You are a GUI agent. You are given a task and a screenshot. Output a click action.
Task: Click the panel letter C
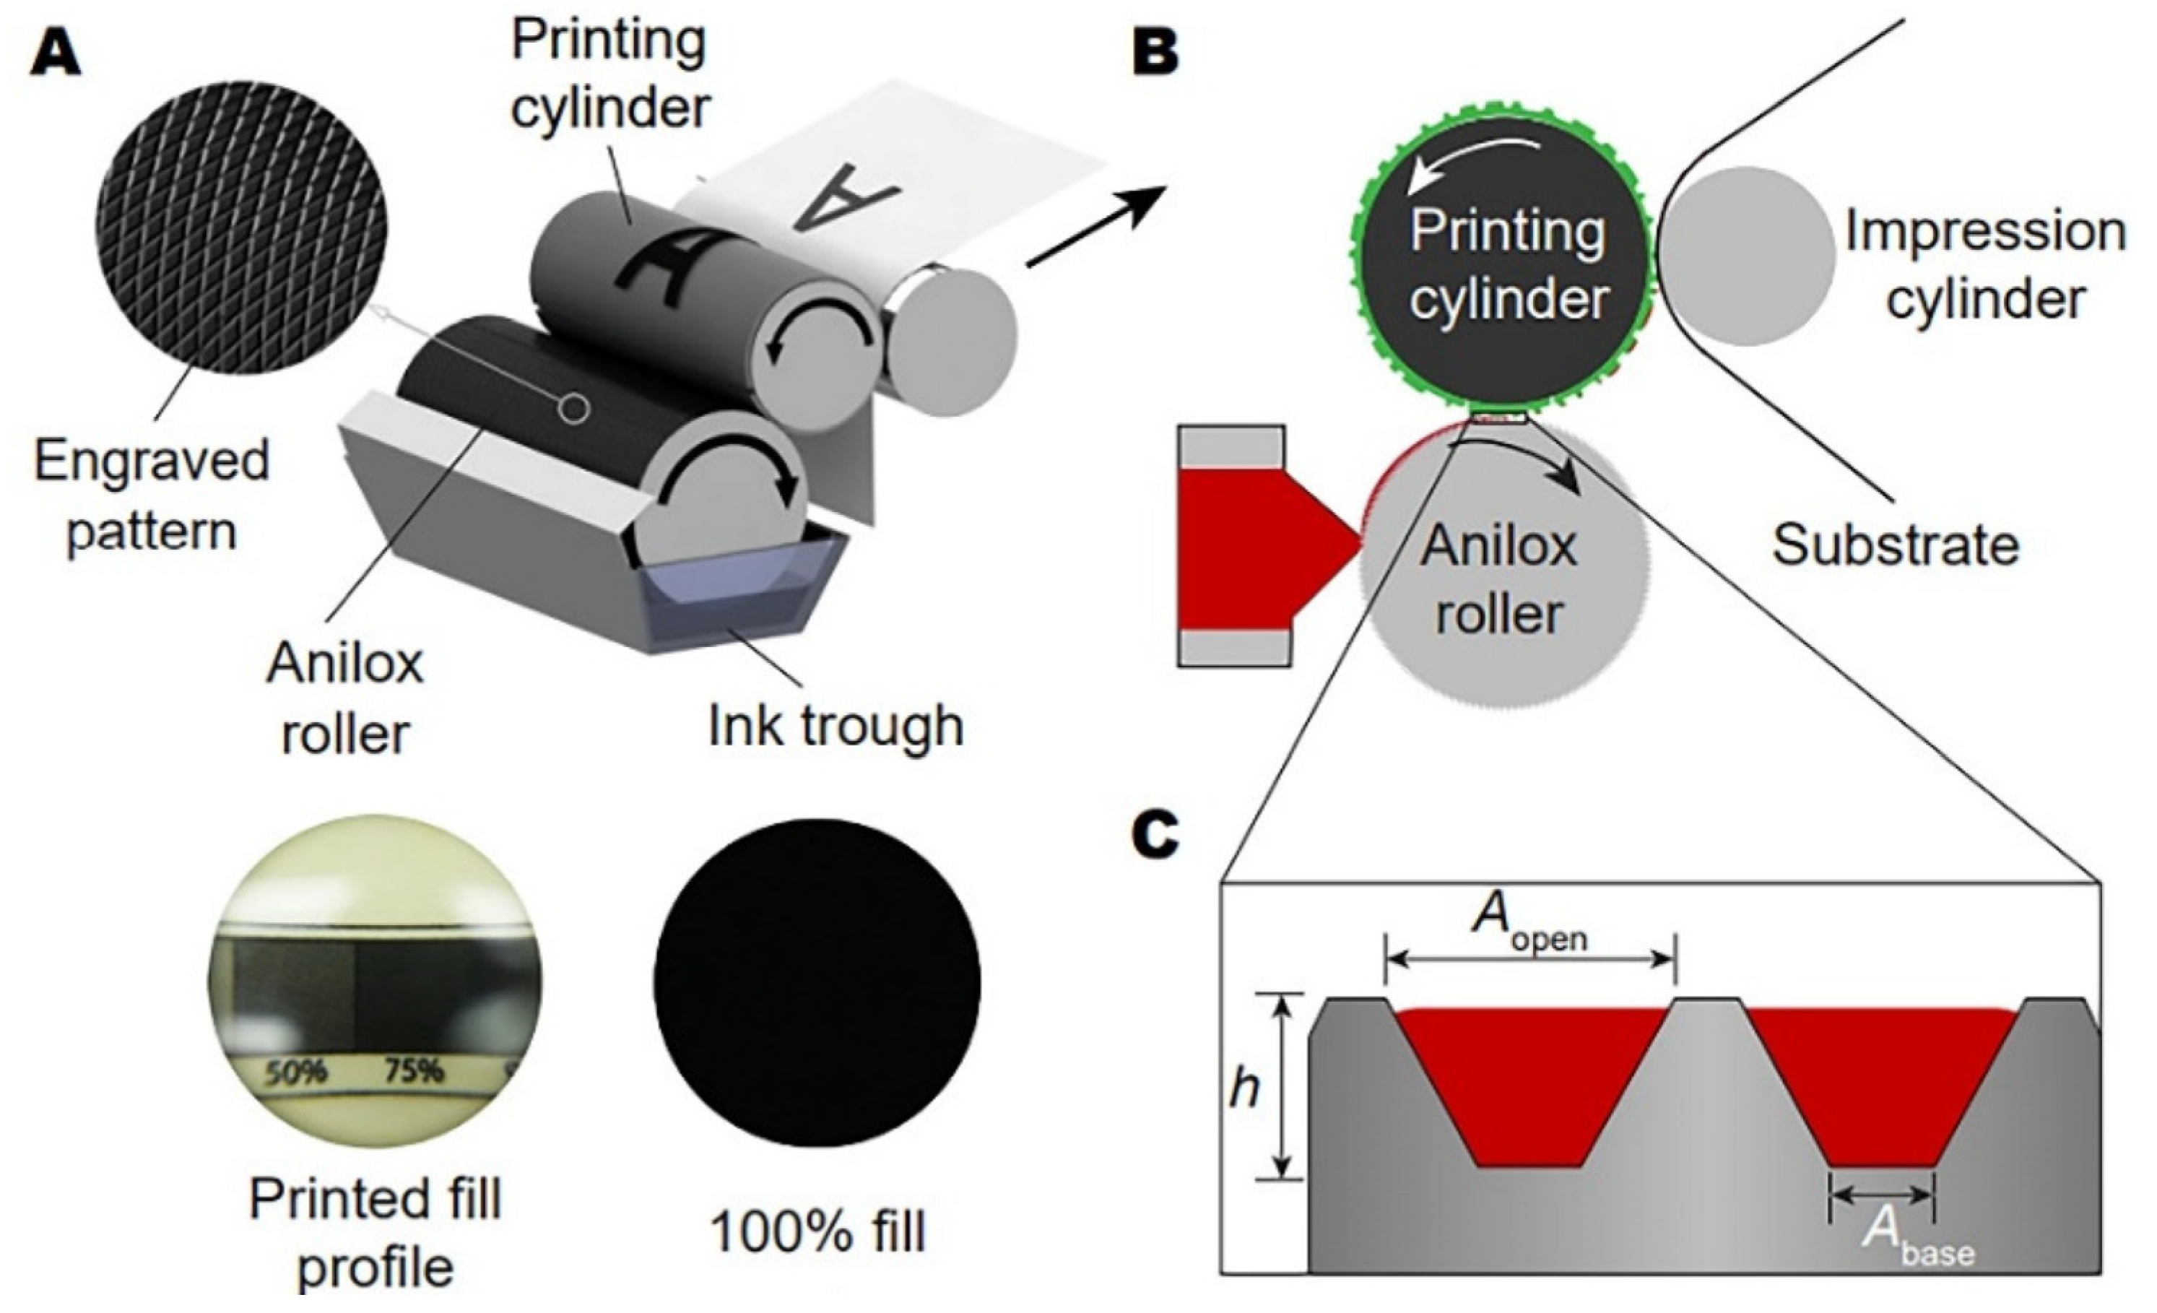(x=1156, y=836)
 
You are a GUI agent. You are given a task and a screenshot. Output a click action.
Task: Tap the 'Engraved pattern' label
(x=151, y=495)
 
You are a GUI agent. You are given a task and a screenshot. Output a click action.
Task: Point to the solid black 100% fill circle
(x=816, y=982)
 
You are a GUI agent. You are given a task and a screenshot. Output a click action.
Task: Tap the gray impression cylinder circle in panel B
(x=1745, y=256)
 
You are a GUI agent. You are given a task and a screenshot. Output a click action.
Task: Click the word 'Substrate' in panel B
(x=1896, y=545)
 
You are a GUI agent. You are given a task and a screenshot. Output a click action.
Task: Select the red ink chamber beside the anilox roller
(x=1252, y=548)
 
